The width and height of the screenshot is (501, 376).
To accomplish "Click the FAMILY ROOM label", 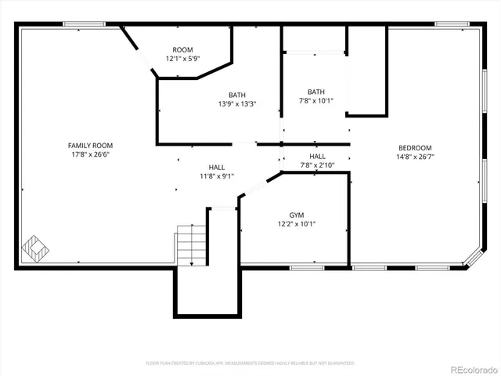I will point(90,146).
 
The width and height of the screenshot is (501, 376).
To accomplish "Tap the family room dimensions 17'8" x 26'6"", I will point(90,154).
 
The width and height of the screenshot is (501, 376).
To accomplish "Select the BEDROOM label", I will point(415,148).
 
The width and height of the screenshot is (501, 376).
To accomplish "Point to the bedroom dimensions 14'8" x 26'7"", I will point(415,157).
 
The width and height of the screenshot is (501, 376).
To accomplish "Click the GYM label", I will point(297,215).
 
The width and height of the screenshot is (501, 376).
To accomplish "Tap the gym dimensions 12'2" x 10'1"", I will point(297,224).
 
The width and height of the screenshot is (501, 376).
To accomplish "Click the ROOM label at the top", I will point(182,49).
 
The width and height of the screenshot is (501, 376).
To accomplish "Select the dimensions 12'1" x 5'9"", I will point(182,59).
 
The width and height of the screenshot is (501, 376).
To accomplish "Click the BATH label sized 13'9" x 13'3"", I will point(237,94).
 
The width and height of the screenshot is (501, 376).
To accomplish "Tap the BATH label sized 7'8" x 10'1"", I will point(316,91).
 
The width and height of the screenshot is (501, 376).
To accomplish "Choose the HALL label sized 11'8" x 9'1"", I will point(217,167).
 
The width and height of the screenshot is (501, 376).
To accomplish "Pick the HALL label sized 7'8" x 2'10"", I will point(317,156).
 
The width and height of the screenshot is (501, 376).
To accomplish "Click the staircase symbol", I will point(191,244).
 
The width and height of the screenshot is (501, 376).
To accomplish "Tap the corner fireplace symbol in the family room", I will point(35,250).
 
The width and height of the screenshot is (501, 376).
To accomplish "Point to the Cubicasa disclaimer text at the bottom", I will point(250,363).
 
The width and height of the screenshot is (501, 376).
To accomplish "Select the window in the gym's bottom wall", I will point(307,268).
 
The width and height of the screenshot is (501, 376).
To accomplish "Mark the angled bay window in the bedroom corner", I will point(474,258).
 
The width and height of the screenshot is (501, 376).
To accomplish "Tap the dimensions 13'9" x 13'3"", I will point(237,103).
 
